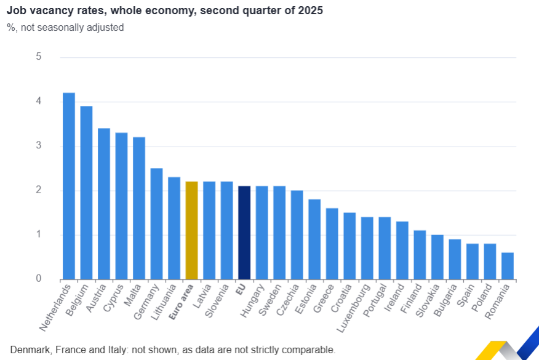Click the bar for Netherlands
tap(69, 186)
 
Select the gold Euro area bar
tap(191, 230)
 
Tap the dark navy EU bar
tap(244, 233)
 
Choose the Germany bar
tap(156, 223)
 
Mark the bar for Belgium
tap(86, 193)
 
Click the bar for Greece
tap(332, 244)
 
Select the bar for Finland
tap(420, 255)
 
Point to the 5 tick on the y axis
tap(39, 57)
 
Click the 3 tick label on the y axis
tap(39, 146)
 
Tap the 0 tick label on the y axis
tap(39, 279)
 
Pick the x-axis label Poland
tap(482, 298)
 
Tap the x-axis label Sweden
tap(271, 299)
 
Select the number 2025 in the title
tap(309, 10)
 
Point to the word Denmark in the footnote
tap(31, 350)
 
